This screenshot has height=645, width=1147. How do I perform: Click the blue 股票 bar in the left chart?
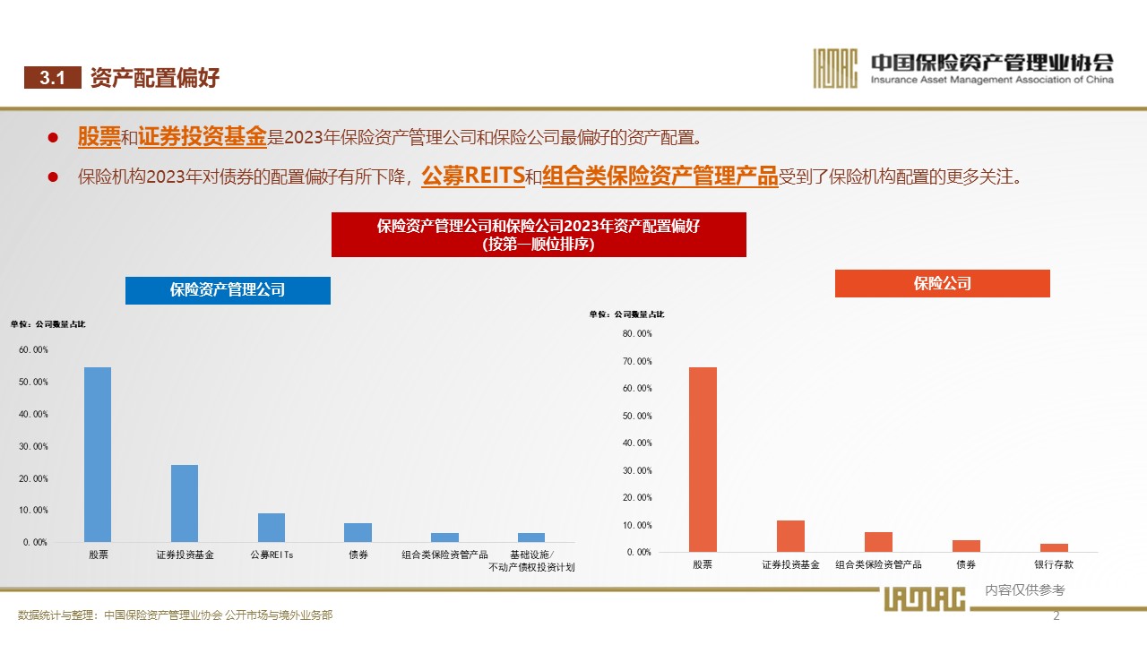point(98,454)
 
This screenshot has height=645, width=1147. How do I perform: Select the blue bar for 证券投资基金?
point(185,503)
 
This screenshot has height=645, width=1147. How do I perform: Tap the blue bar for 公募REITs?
point(272,527)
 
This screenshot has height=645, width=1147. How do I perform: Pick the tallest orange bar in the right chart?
point(703,459)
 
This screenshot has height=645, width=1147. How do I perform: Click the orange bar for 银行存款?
point(1054,547)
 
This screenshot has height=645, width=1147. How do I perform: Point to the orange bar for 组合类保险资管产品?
point(878,541)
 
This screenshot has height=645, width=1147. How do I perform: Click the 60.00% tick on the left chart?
point(33,350)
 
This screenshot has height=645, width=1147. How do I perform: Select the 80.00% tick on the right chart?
point(637,333)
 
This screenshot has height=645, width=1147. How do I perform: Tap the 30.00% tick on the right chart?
point(637,470)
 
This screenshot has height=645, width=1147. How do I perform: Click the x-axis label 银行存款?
point(1054,565)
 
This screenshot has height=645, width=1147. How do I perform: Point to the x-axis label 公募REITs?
point(272,555)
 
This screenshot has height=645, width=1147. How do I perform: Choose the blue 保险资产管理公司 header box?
point(228,290)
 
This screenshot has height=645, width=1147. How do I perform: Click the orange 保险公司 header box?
point(942,284)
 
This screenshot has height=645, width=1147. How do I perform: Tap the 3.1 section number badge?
point(53,78)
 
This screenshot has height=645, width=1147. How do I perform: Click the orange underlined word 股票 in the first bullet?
point(99,137)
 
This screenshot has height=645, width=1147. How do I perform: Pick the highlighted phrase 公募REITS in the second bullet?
point(472,176)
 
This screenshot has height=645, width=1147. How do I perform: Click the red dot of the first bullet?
point(53,138)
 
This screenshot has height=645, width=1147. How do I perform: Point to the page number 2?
point(1056,615)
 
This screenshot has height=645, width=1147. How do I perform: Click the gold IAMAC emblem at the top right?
point(835,68)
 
